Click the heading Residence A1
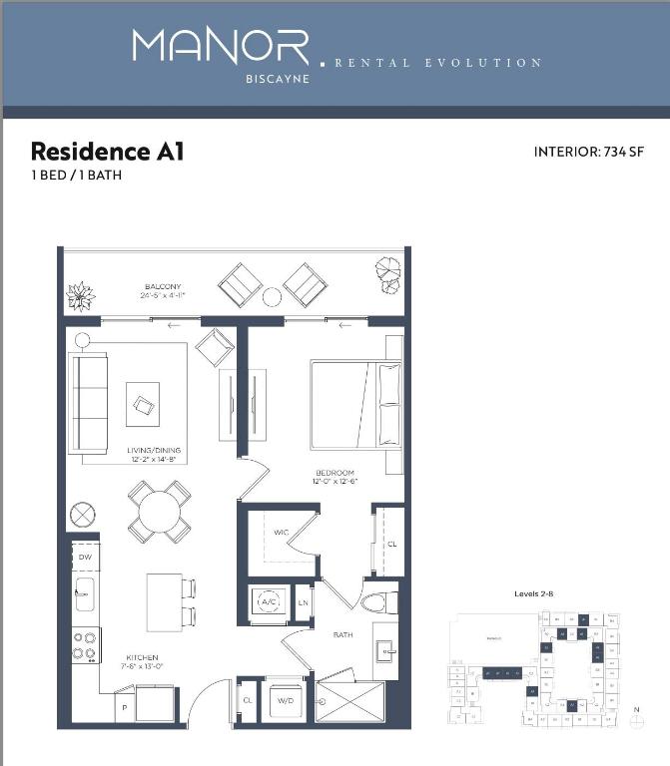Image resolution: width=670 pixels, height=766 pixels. tap(107, 152)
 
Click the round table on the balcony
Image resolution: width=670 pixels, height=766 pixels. tap(272, 296)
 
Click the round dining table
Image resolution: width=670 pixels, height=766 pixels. tap(159, 512)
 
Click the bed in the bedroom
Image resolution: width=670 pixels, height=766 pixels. tap(354, 403)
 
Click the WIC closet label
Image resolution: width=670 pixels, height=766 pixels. tap(281, 533)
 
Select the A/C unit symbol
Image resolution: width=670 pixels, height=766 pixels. tap(268, 601)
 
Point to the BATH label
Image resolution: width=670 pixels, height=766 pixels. tap(342, 634)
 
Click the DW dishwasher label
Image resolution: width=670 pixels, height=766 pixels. tap(85, 556)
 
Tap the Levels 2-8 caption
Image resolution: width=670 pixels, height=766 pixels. tap(534, 594)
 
